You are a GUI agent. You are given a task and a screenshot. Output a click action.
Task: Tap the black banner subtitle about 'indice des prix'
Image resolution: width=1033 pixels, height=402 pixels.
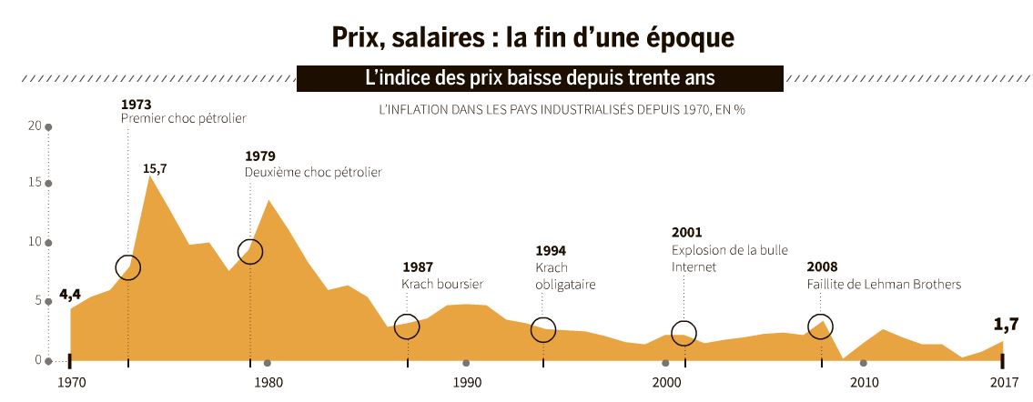pyautogui.click(x=540, y=78)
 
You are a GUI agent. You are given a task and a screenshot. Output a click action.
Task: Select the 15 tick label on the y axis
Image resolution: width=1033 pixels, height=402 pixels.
pyautogui.click(x=36, y=184)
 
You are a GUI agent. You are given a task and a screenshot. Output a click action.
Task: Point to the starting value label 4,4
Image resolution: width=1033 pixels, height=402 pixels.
pyautogui.click(x=70, y=295)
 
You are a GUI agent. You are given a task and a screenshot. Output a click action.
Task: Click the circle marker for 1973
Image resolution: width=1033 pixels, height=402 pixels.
pyautogui.click(x=128, y=267)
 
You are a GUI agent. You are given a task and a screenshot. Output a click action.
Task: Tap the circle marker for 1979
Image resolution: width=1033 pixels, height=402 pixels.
pyautogui.click(x=250, y=251)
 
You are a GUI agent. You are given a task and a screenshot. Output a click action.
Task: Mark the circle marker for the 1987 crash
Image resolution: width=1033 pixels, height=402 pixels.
pyautogui.click(x=407, y=327)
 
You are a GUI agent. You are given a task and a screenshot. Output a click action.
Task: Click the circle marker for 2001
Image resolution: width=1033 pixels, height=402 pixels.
pyautogui.click(x=684, y=333)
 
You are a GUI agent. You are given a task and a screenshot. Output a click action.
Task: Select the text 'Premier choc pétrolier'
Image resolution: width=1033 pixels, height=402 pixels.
pyautogui.click(x=183, y=118)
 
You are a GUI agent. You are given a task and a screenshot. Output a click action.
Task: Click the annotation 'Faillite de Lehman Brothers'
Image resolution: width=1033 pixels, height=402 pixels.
pyautogui.click(x=884, y=285)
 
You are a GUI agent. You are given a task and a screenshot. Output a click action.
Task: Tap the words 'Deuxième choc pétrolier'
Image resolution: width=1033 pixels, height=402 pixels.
pyautogui.click(x=313, y=172)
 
